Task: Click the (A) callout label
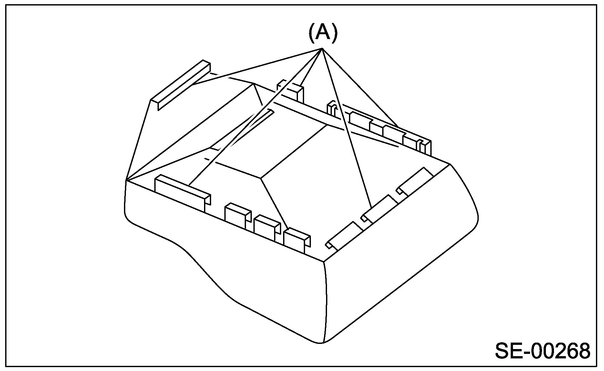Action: pyautogui.click(x=323, y=33)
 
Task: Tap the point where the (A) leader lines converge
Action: pyautogui.click(x=322, y=48)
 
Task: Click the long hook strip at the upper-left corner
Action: pyautogui.click(x=181, y=85)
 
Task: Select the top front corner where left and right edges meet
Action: pyautogui.click(x=324, y=262)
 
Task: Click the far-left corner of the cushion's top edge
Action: pyautogui.click(x=126, y=180)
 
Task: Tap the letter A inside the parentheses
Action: pyautogui.click(x=323, y=33)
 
